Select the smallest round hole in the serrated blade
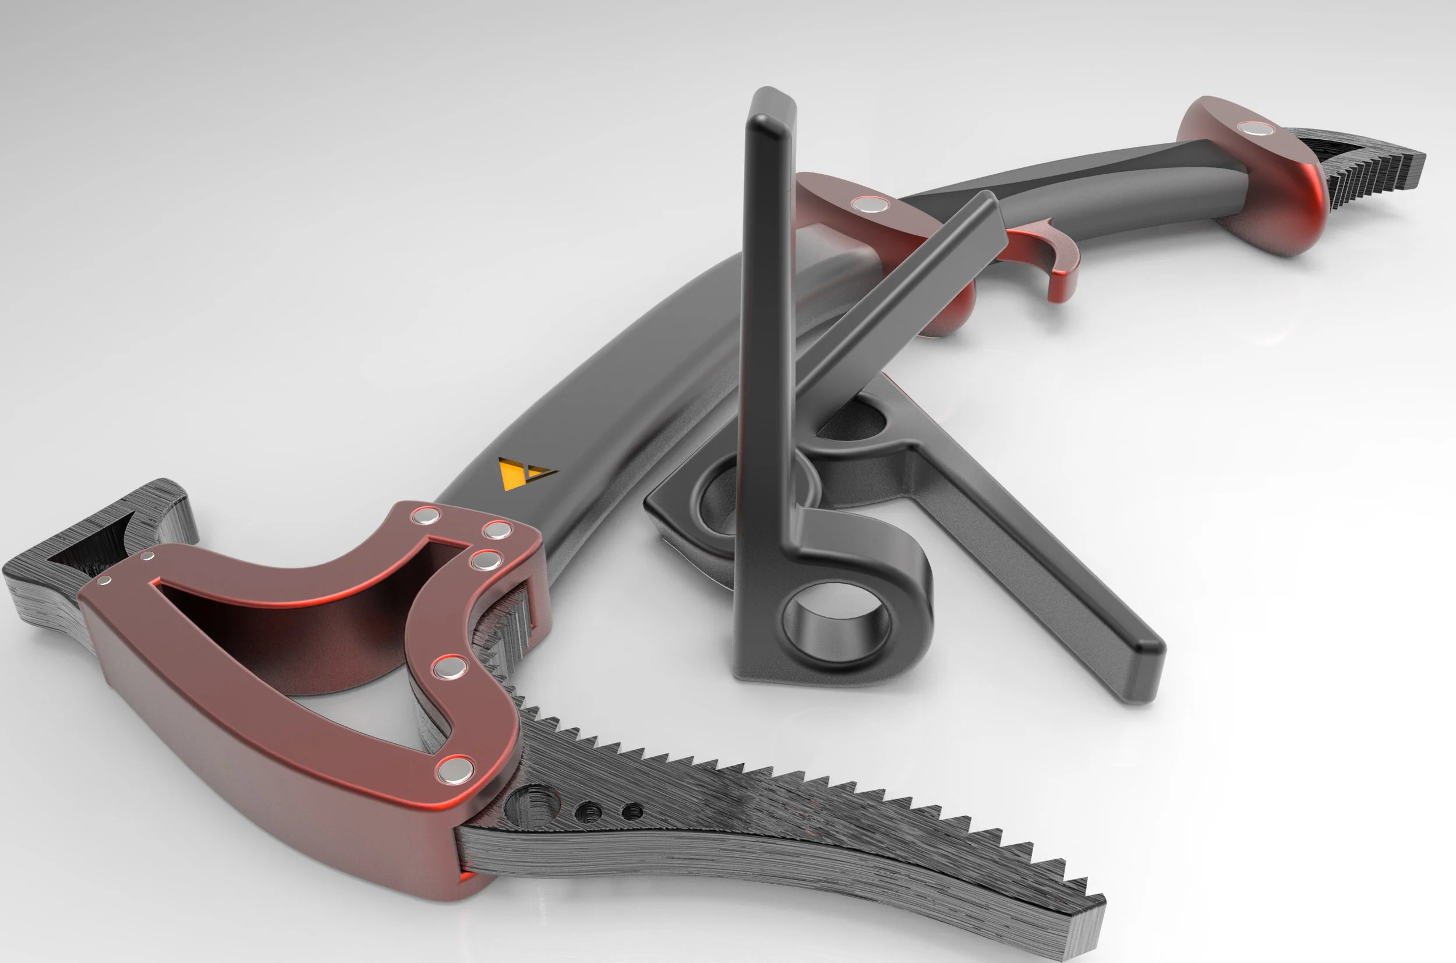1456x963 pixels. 632,812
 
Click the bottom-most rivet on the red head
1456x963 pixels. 455,769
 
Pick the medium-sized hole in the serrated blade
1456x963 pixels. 589,812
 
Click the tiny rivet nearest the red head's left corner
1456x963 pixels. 105,580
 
